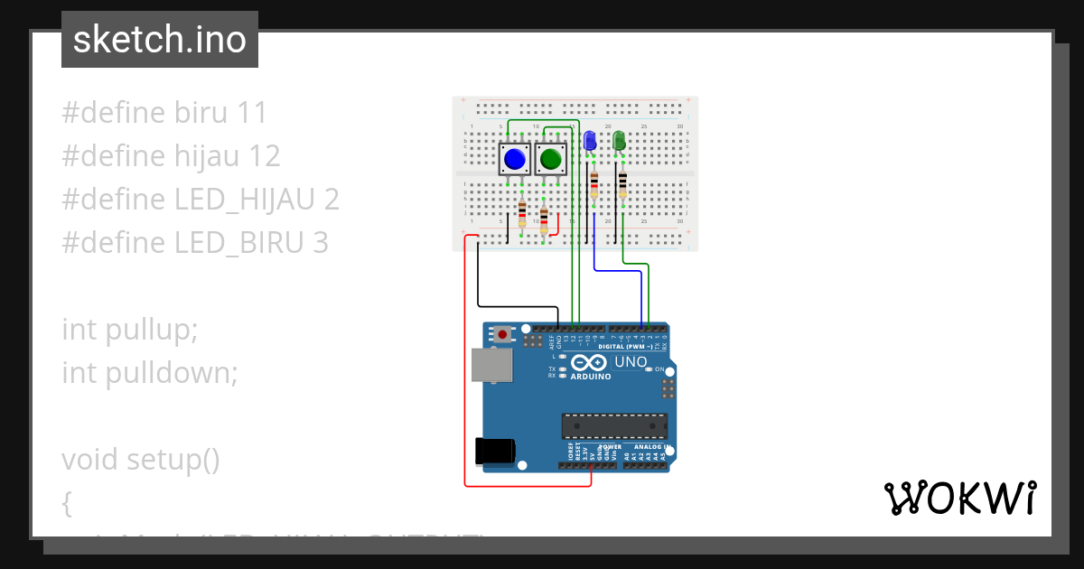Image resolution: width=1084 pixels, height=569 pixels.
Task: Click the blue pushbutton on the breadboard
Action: click(x=515, y=160)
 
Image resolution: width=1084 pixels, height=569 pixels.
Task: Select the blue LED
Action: click(x=590, y=141)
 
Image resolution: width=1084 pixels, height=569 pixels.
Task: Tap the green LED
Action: click(x=619, y=141)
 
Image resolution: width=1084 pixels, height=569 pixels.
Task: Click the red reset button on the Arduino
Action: click(x=502, y=335)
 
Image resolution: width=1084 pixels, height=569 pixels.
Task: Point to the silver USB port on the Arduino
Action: click(x=491, y=365)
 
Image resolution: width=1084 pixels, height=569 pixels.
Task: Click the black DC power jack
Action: click(x=494, y=451)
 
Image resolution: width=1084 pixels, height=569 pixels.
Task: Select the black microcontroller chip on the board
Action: click(x=614, y=426)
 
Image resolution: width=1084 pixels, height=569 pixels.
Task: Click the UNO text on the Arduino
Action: click(x=631, y=362)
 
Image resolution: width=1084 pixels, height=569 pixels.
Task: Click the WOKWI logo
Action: click(x=959, y=499)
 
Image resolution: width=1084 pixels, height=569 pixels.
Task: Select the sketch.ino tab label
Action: click(x=159, y=40)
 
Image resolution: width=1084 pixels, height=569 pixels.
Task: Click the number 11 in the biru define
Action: click(x=252, y=113)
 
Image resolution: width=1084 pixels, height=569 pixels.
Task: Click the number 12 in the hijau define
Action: click(x=264, y=156)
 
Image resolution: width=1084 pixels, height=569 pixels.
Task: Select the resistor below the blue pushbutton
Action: click(x=523, y=215)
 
